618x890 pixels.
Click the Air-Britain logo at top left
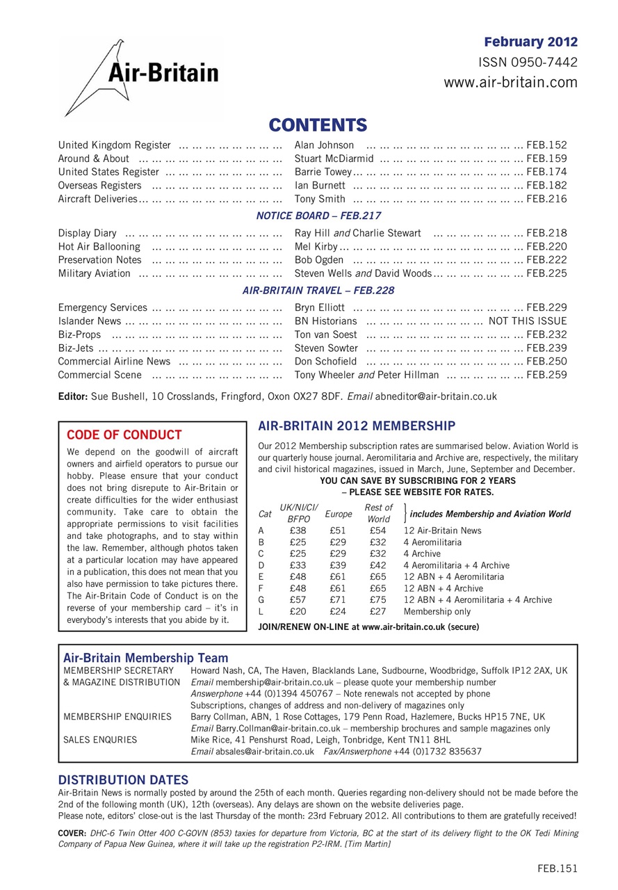coord(142,76)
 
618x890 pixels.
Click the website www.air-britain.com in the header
coord(510,83)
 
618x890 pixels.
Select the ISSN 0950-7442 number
coord(528,63)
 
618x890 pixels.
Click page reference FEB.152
coord(546,145)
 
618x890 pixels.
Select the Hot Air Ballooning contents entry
coord(99,246)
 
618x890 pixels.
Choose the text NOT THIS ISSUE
coord(528,321)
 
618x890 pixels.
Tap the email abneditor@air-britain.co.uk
coord(436,397)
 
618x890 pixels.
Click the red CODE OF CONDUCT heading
coord(124,435)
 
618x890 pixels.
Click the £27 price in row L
coord(378,612)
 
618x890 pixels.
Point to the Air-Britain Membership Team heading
coord(145,657)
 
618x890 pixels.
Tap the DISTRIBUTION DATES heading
coord(123,780)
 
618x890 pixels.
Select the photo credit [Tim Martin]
coord(362,843)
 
